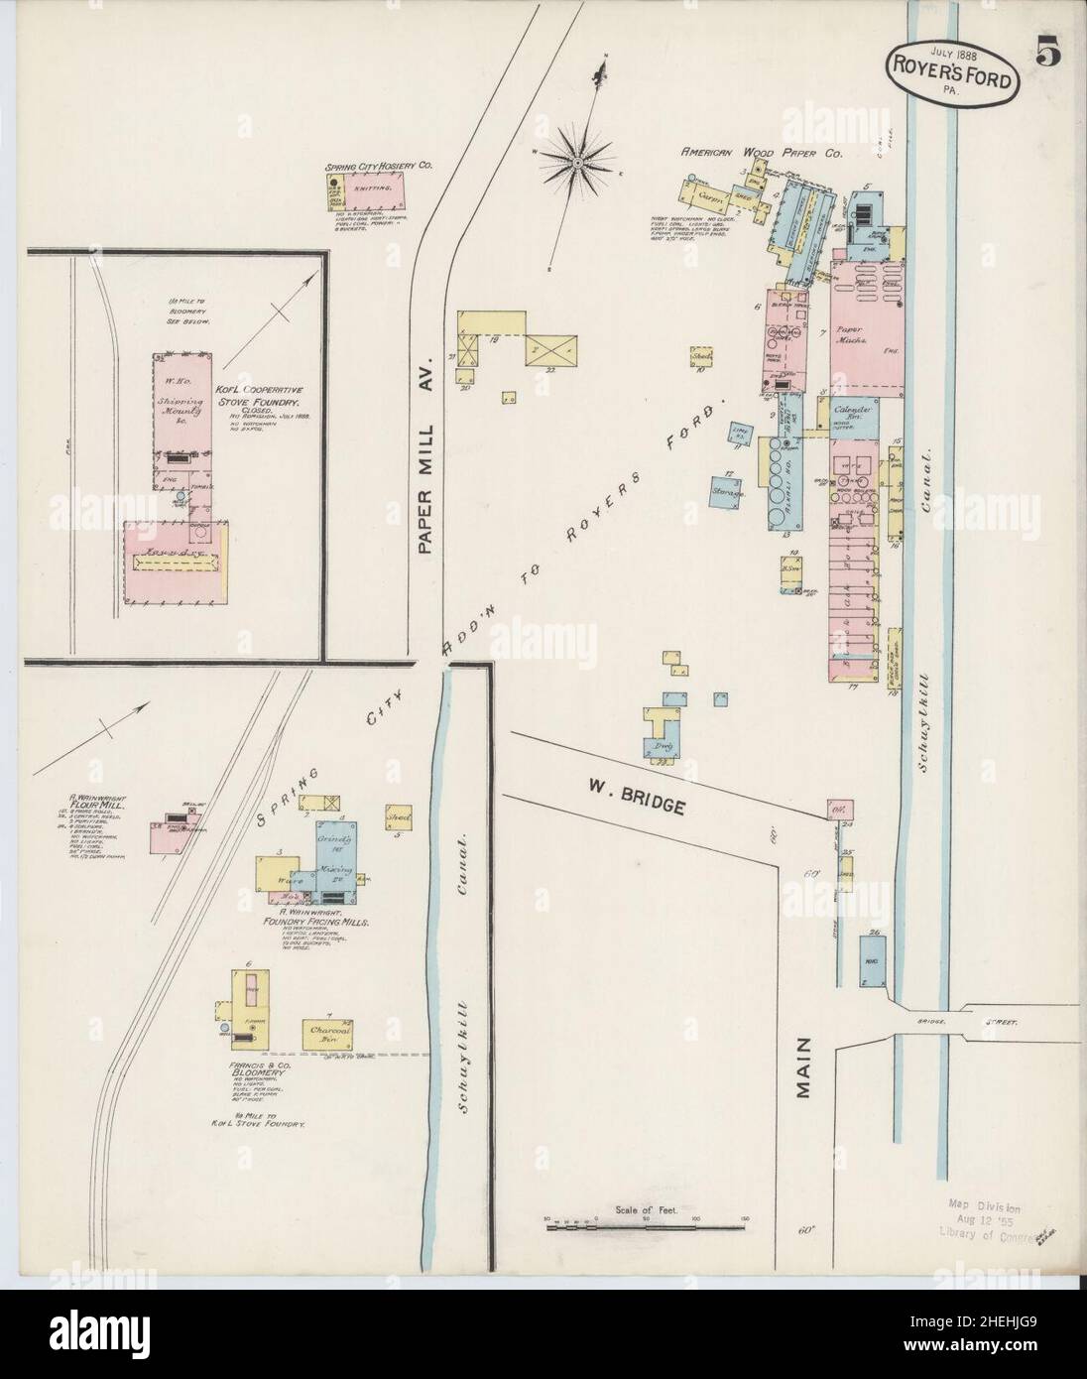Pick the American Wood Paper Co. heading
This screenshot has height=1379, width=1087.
click(x=761, y=154)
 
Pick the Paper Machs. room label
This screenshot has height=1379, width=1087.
click(x=853, y=333)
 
